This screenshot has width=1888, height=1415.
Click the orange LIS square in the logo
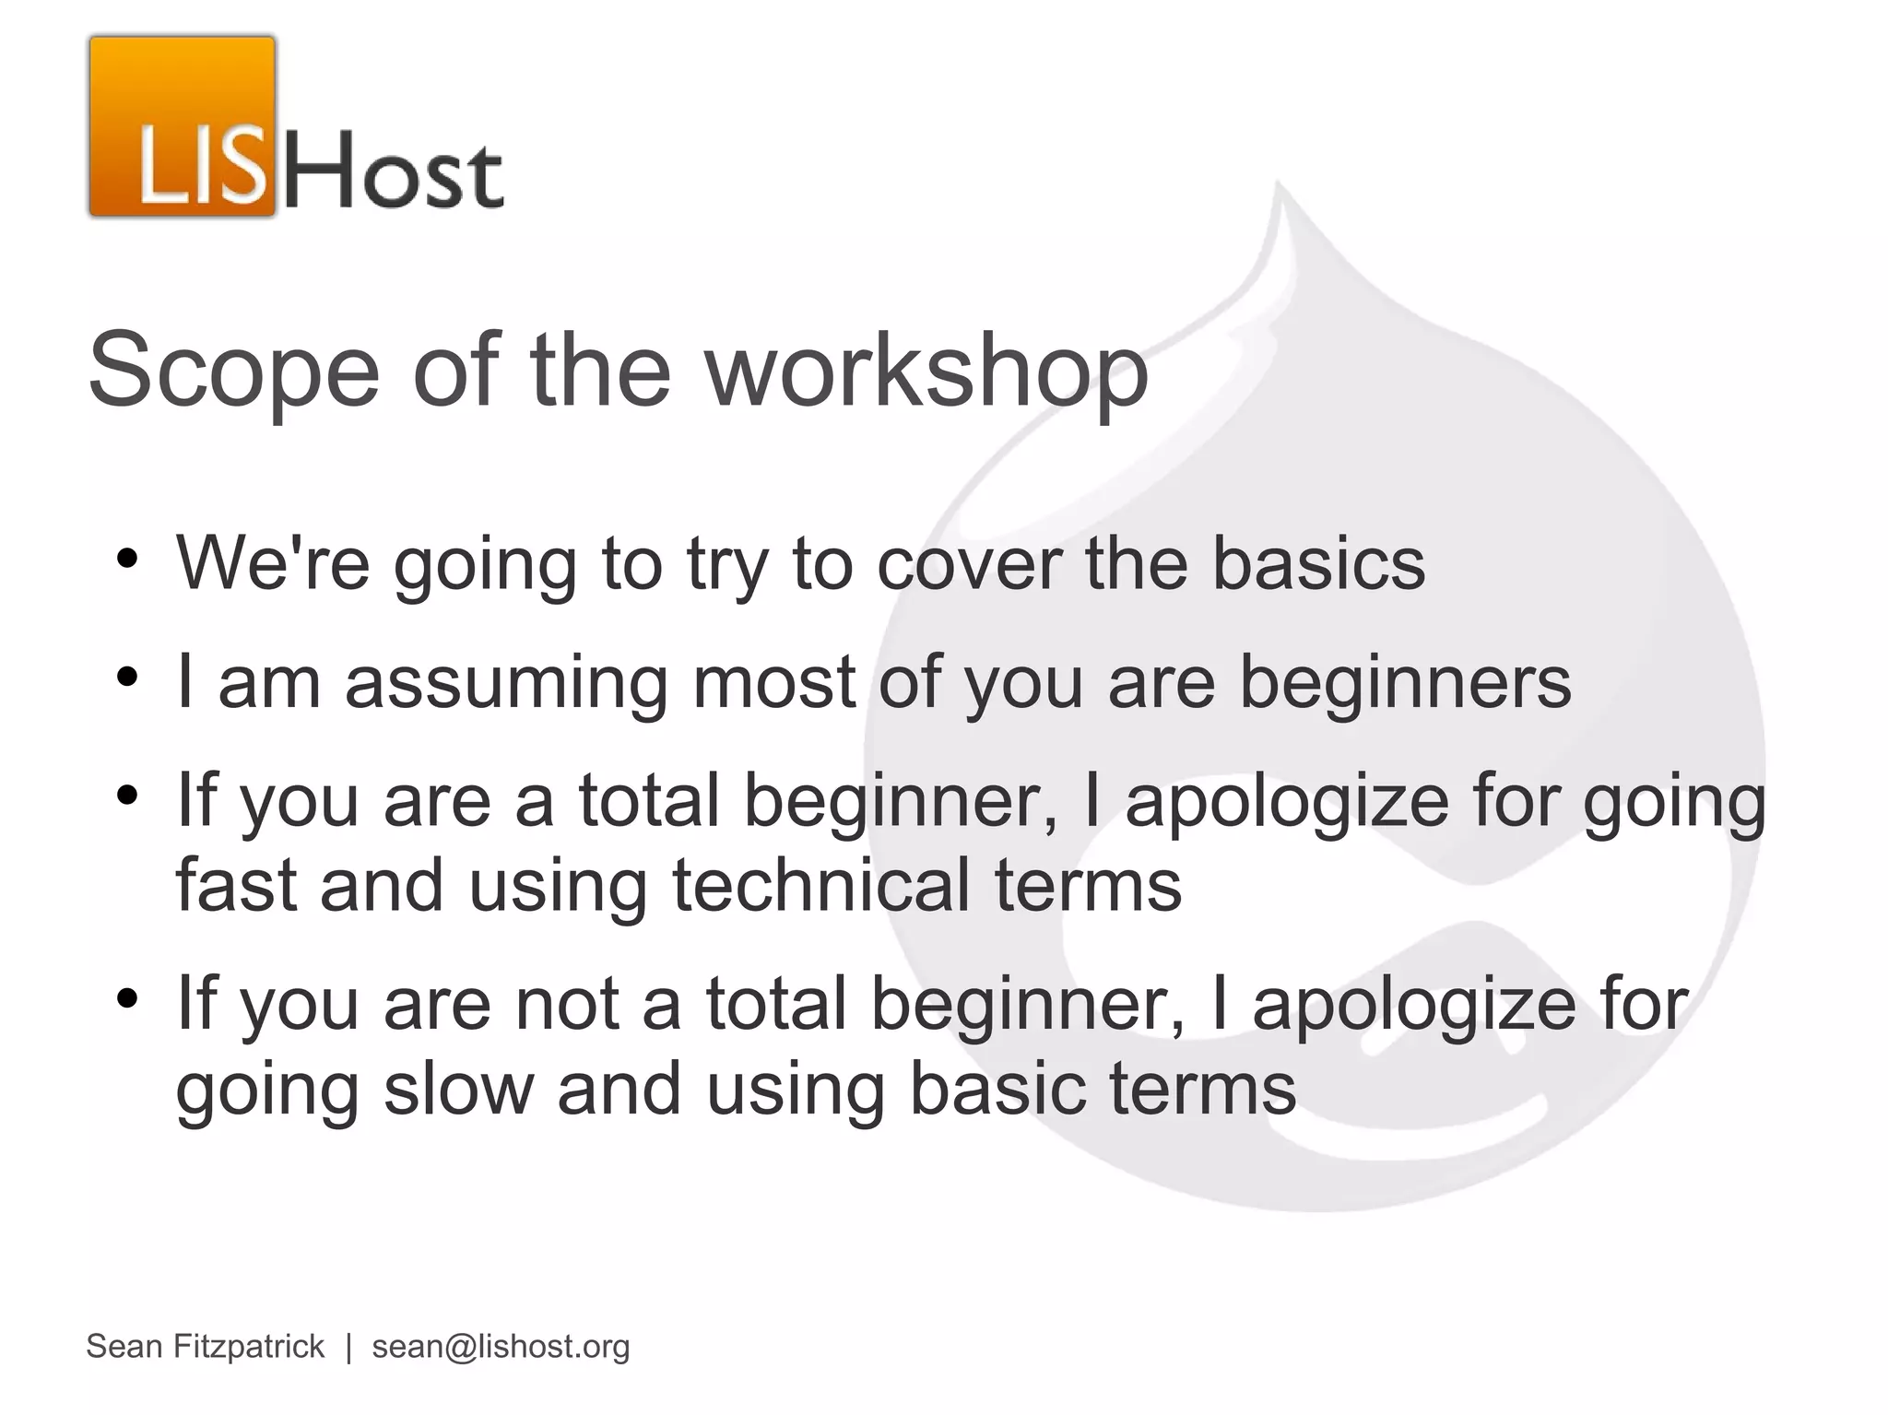click(x=183, y=127)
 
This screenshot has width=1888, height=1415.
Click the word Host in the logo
click(x=392, y=171)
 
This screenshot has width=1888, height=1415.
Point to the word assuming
click(x=505, y=683)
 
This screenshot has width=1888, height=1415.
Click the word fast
click(x=236, y=885)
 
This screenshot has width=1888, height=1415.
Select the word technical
click(x=820, y=885)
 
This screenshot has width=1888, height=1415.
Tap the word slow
click(x=458, y=1089)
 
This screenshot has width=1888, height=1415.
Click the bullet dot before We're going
click(x=127, y=559)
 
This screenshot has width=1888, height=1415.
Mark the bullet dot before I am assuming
click(x=127, y=678)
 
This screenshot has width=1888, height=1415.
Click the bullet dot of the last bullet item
click(x=127, y=999)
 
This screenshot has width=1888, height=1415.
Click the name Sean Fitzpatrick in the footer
click(x=205, y=1347)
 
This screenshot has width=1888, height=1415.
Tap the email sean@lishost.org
click(x=501, y=1347)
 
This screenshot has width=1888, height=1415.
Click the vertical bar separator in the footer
click(x=348, y=1347)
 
